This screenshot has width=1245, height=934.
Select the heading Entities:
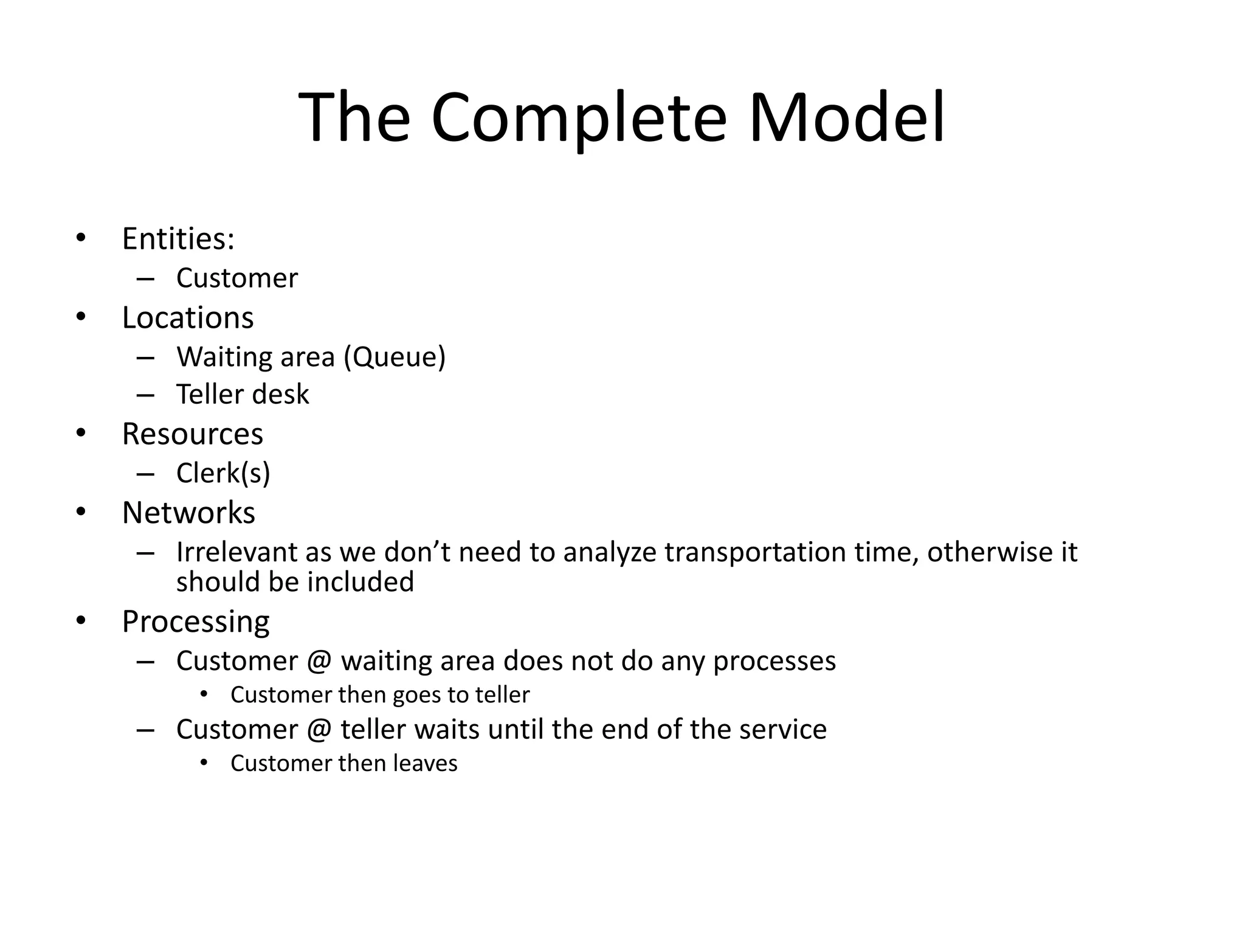178,238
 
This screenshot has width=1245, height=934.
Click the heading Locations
188,317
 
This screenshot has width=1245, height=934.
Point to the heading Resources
193,434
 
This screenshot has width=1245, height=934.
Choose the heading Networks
188,513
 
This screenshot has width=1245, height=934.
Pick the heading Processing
196,622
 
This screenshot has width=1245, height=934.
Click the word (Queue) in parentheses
395,357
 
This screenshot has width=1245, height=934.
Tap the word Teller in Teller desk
209,394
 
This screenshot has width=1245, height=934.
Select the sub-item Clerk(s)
223,473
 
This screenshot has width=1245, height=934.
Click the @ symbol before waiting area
320,661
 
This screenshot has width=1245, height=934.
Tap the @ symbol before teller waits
320,730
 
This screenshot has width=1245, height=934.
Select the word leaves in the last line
425,763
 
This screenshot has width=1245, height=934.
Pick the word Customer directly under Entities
237,278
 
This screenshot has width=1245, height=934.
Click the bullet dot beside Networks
81,512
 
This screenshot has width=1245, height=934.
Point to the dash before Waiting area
146,358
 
